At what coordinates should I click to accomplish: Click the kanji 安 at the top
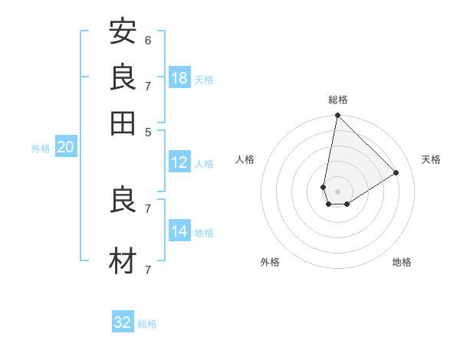coord(123,31)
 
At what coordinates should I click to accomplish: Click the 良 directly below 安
coord(123,77)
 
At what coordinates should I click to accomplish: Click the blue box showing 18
coord(179,78)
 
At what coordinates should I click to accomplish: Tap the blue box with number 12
coord(179,162)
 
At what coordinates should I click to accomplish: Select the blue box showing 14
coord(179,231)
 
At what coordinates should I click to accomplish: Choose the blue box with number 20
coord(65,148)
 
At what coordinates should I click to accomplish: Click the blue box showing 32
coord(123,322)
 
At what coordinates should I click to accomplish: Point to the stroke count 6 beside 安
coord(148,40)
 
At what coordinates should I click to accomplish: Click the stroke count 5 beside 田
coord(148,131)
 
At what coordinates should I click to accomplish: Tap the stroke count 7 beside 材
coord(148,270)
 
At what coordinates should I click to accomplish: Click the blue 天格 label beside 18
coord(204,80)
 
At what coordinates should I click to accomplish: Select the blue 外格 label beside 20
coord(41,149)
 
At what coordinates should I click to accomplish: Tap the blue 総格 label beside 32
coord(147,324)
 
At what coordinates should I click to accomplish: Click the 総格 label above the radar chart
coord(337,100)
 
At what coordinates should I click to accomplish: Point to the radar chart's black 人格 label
coord(245,159)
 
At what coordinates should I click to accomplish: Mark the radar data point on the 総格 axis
coord(337,116)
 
